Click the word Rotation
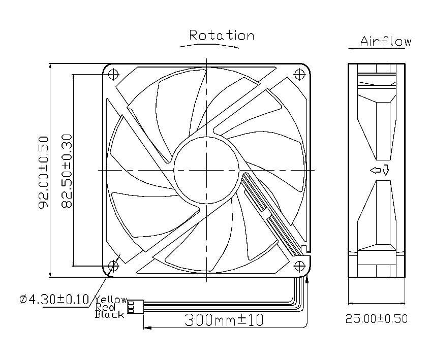221,35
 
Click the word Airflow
385,41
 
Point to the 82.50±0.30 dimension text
67,171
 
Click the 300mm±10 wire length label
224,321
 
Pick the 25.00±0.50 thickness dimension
377,319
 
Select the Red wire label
105,307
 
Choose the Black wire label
109,314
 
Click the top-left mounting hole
113,74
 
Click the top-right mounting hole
300,74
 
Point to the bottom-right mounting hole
300,265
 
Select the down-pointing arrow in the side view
385,171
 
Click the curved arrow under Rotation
208,45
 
